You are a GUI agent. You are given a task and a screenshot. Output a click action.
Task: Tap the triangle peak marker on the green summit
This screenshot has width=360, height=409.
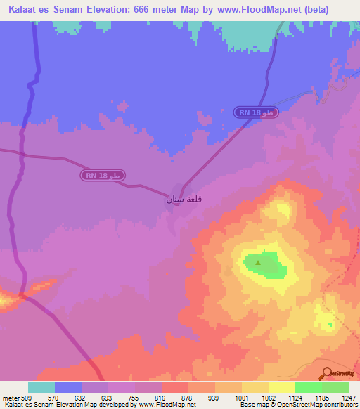click(258, 264)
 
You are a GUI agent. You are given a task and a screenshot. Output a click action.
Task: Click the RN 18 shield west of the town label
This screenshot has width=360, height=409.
click(102, 175)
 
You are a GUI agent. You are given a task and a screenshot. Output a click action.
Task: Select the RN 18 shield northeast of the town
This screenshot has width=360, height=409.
click(257, 112)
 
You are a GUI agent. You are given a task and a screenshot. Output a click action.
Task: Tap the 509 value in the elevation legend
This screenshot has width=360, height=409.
click(27, 398)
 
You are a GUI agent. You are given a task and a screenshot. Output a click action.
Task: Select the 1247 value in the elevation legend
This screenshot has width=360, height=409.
click(347, 398)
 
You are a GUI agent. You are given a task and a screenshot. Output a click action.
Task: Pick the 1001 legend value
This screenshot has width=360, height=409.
click(241, 398)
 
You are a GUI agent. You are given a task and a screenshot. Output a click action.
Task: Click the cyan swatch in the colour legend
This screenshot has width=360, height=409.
click(41, 387)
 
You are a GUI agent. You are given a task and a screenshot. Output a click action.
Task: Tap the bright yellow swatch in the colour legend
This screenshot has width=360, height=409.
click(281, 387)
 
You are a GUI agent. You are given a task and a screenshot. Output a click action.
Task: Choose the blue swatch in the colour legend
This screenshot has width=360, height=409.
click(67, 387)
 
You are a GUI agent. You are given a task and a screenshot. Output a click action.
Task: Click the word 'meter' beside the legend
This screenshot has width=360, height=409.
click(9, 398)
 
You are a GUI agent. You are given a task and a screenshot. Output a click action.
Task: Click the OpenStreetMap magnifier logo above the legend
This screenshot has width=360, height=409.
click(326, 373)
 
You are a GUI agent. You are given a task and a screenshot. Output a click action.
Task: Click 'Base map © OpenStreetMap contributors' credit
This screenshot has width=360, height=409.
click(298, 405)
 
